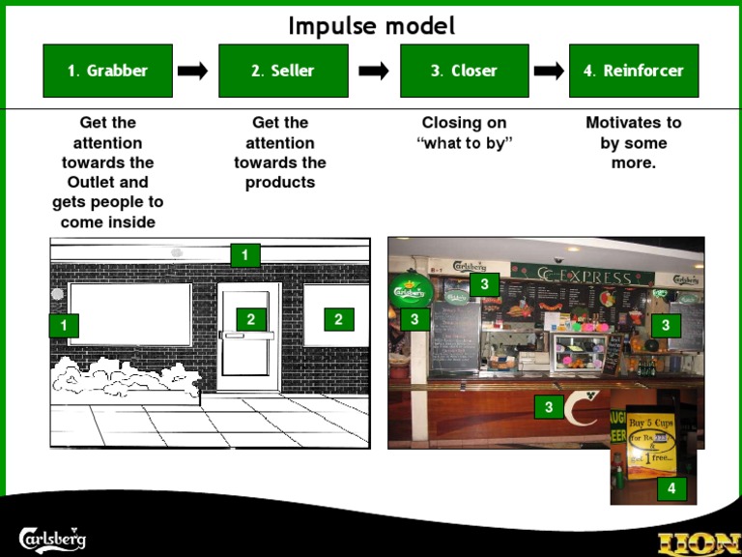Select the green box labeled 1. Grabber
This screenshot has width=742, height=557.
click(107, 71)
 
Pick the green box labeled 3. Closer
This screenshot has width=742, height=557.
click(464, 71)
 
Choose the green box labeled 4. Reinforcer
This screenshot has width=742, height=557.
click(633, 71)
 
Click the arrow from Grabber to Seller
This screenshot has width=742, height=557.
click(193, 71)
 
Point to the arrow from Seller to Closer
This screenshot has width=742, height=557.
click(373, 71)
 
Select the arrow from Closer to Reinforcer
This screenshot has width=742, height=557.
click(549, 71)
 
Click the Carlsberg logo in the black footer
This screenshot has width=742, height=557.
click(53, 537)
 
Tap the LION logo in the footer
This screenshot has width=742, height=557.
click(699, 542)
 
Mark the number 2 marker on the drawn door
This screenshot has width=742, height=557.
click(250, 319)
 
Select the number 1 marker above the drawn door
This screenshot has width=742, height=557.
click(244, 255)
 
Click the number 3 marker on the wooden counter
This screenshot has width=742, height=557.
click(549, 407)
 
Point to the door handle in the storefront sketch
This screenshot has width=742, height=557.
click(247, 336)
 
